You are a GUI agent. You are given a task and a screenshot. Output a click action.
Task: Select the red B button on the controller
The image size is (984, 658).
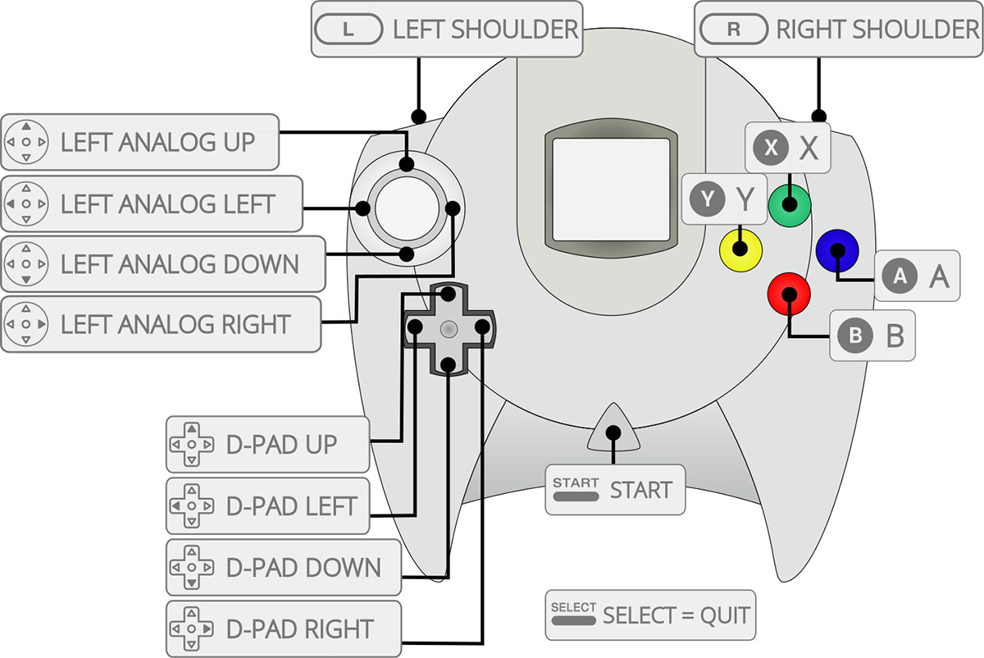[789, 294]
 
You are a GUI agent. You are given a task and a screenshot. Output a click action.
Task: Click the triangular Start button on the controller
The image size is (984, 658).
[613, 431]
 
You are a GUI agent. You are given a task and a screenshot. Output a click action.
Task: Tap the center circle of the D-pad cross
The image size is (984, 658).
[449, 328]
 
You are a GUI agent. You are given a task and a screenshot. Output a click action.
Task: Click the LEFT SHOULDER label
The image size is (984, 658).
[447, 30]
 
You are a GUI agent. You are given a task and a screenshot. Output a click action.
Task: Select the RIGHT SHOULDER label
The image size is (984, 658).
[838, 30]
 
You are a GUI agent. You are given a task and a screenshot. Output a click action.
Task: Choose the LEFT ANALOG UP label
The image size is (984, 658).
[141, 142]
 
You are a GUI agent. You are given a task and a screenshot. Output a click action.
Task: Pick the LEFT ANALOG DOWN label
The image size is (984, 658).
[162, 264]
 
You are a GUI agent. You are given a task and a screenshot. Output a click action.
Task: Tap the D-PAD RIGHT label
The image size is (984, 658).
[284, 629]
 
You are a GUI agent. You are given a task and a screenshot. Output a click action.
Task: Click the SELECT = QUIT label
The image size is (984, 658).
[648, 615]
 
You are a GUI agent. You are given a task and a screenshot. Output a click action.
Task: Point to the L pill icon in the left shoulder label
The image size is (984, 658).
[348, 30]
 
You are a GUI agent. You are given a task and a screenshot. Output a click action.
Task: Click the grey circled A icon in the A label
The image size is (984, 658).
[900, 276]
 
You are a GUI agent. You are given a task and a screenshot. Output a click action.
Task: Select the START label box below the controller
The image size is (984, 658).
[615, 490]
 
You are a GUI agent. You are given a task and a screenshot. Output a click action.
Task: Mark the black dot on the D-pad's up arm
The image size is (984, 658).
[448, 294]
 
